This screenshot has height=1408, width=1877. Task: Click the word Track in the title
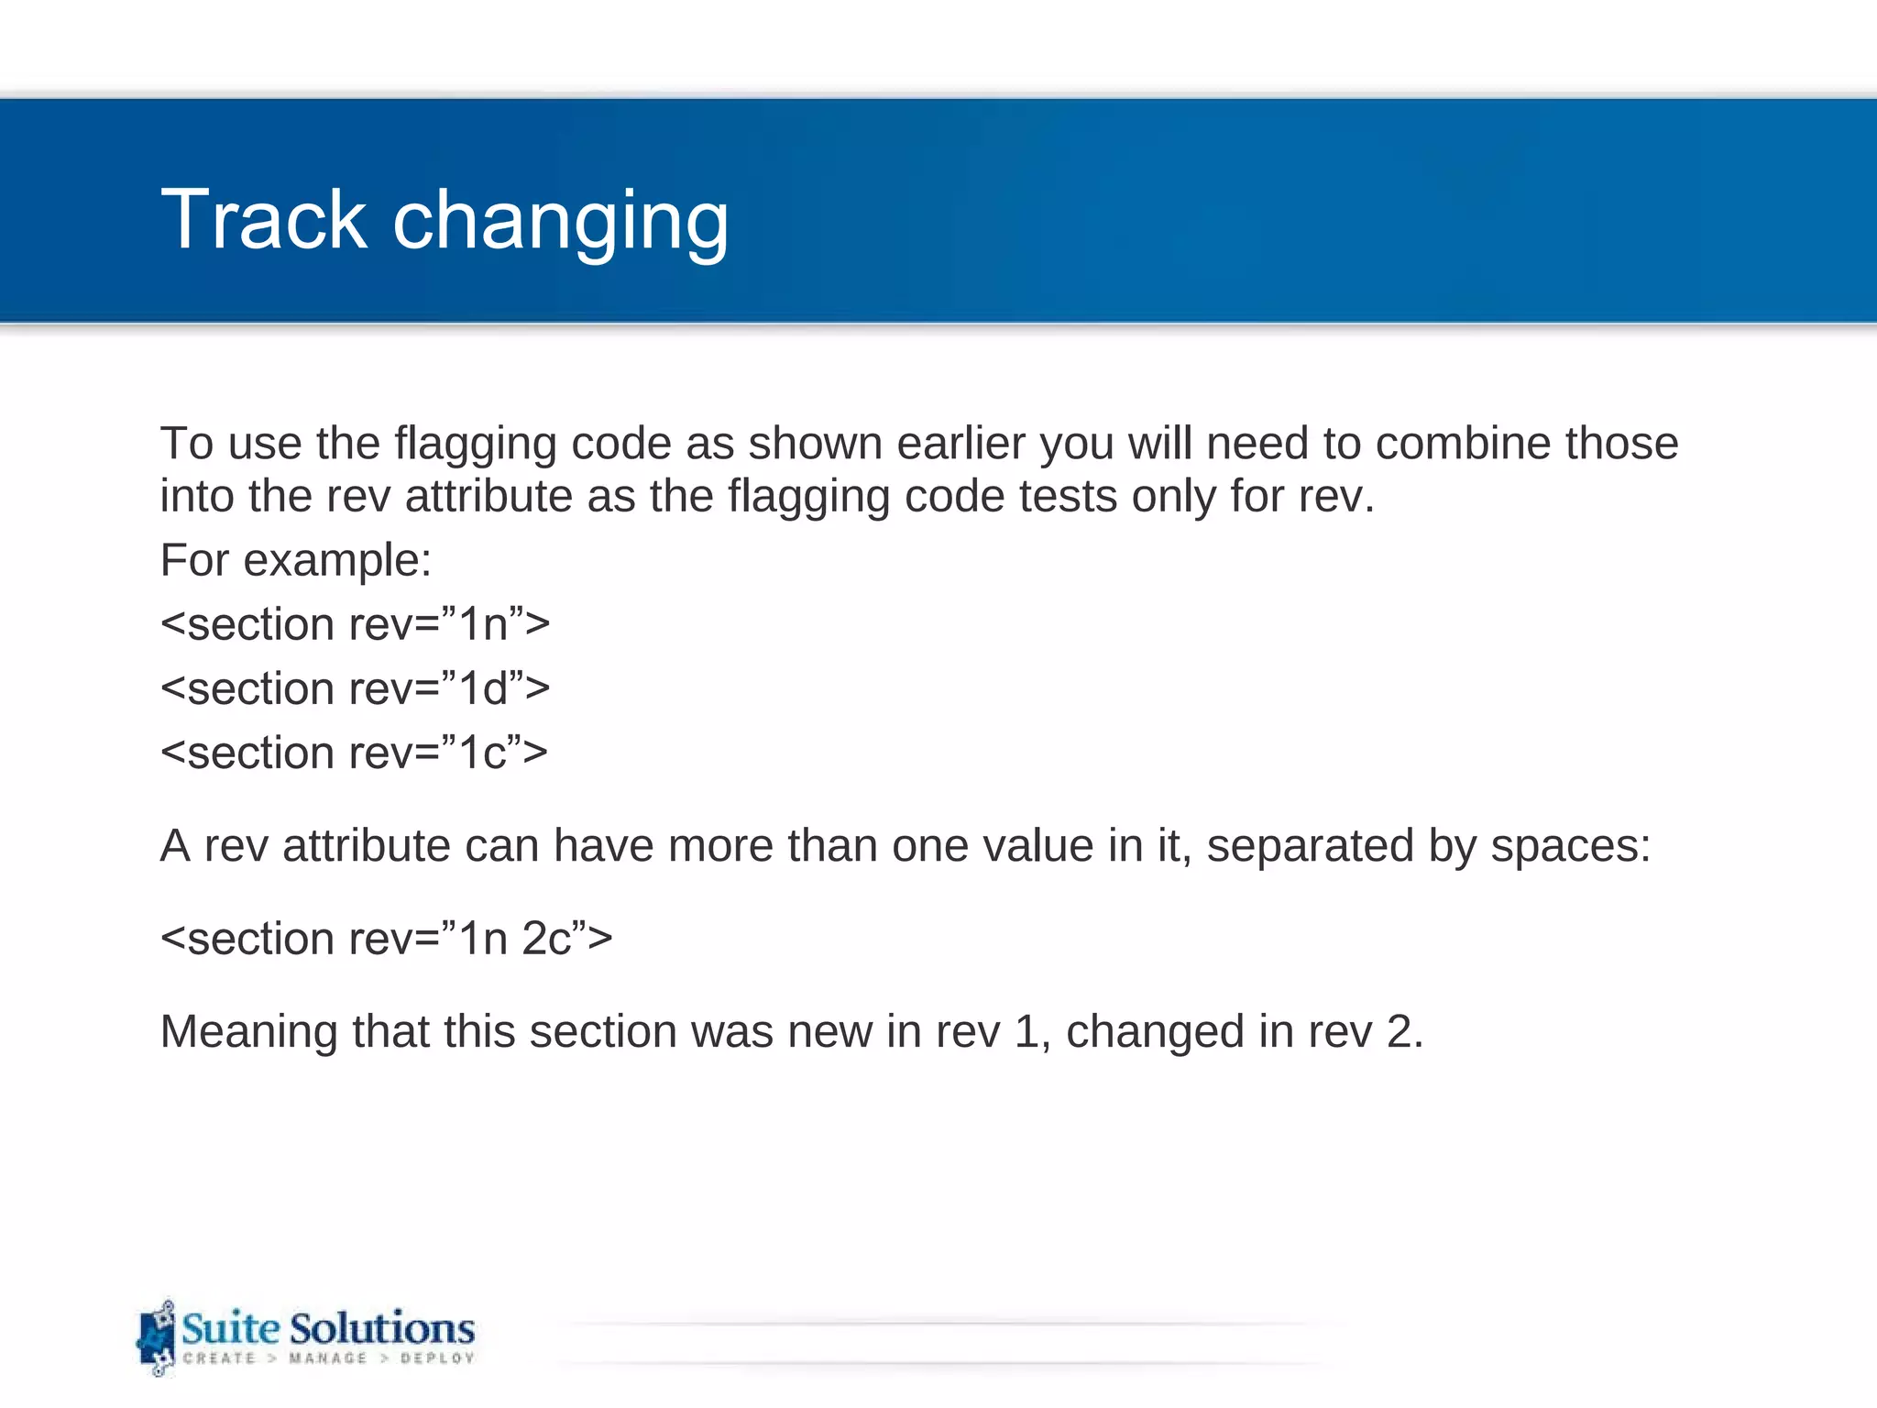(x=263, y=220)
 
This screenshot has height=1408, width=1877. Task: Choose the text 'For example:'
(x=295, y=560)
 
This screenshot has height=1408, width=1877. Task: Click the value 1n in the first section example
(x=483, y=625)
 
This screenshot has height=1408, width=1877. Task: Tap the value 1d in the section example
(x=483, y=689)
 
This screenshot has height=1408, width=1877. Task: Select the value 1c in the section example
(x=482, y=753)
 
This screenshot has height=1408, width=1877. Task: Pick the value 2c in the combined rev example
(x=546, y=939)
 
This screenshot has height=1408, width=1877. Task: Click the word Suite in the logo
(x=230, y=1328)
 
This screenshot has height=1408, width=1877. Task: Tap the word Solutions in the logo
(x=382, y=1328)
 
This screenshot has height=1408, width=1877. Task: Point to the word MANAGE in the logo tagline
(x=327, y=1358)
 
